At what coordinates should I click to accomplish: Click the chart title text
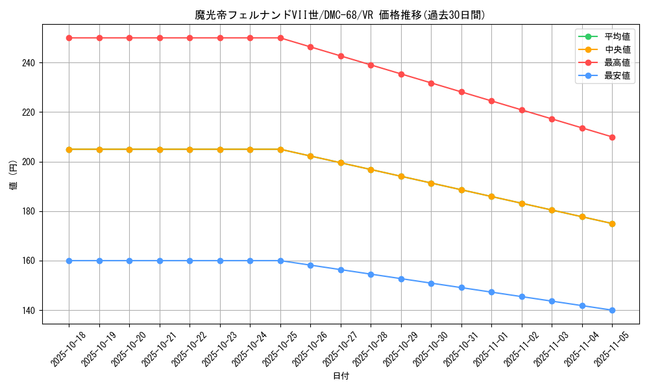coord(340,15)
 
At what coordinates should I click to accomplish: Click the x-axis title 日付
coord(341,376)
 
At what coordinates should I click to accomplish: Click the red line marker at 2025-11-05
coord(612,137)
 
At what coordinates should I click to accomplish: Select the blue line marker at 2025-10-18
coord(69,261)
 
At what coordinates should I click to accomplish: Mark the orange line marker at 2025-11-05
coord(612,224)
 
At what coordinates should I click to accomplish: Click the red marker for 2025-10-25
coord(280,38)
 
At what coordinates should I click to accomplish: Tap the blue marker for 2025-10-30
coord(431,283)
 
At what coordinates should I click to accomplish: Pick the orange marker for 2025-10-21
coord(160,149)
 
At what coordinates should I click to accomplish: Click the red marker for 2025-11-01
coord(491,101)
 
